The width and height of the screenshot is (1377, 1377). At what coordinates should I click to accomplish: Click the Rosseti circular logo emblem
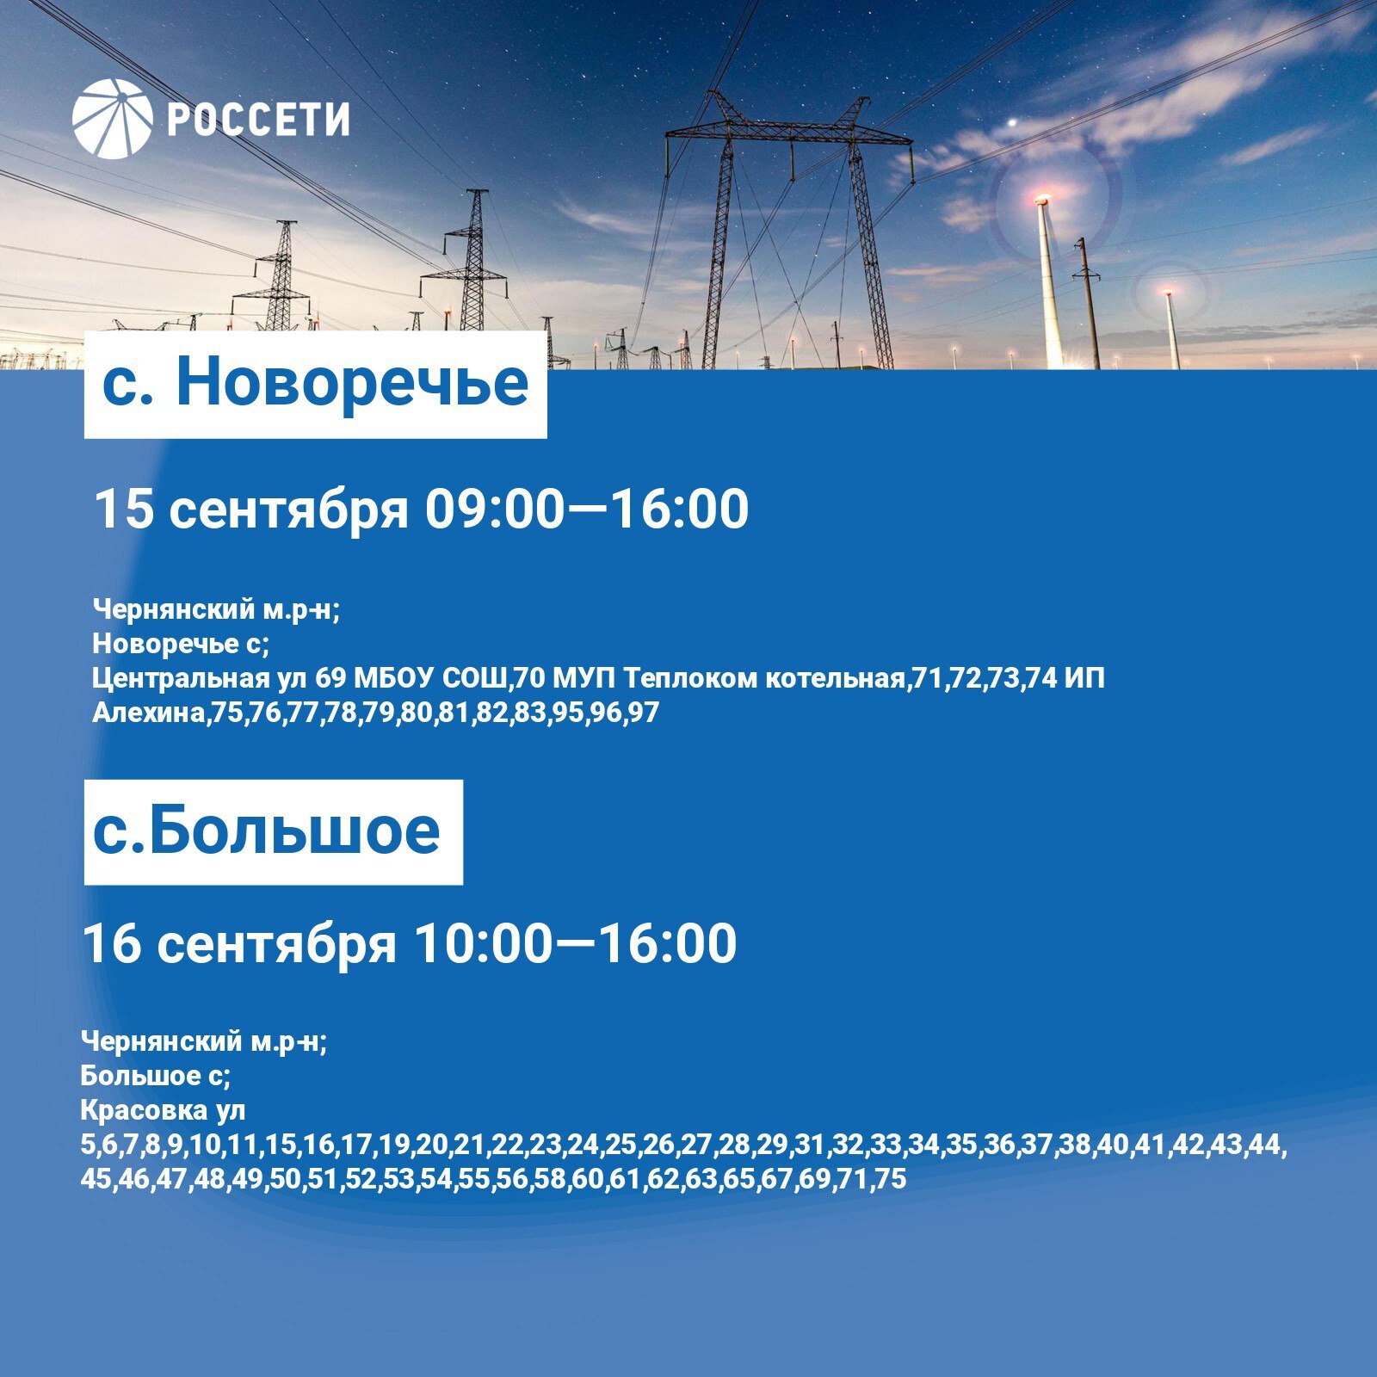click(113, 119)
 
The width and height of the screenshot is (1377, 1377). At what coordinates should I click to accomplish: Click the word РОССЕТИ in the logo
click(258, 120)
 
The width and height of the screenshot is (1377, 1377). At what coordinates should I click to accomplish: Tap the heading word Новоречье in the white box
click(352, 383)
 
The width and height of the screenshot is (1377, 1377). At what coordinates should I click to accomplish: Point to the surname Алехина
click(147, 713)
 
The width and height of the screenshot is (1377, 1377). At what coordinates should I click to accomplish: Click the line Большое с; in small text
click(155, 1076)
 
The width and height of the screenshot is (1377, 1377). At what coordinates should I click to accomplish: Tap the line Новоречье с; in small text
click(181, 643)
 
